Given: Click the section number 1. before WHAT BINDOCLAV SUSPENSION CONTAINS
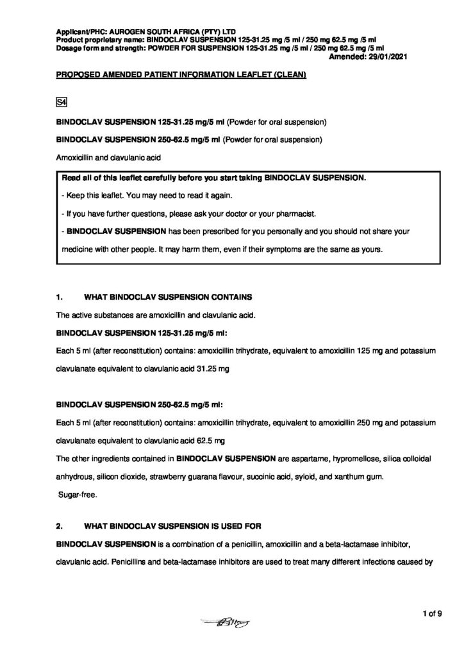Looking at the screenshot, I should (60, 298).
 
